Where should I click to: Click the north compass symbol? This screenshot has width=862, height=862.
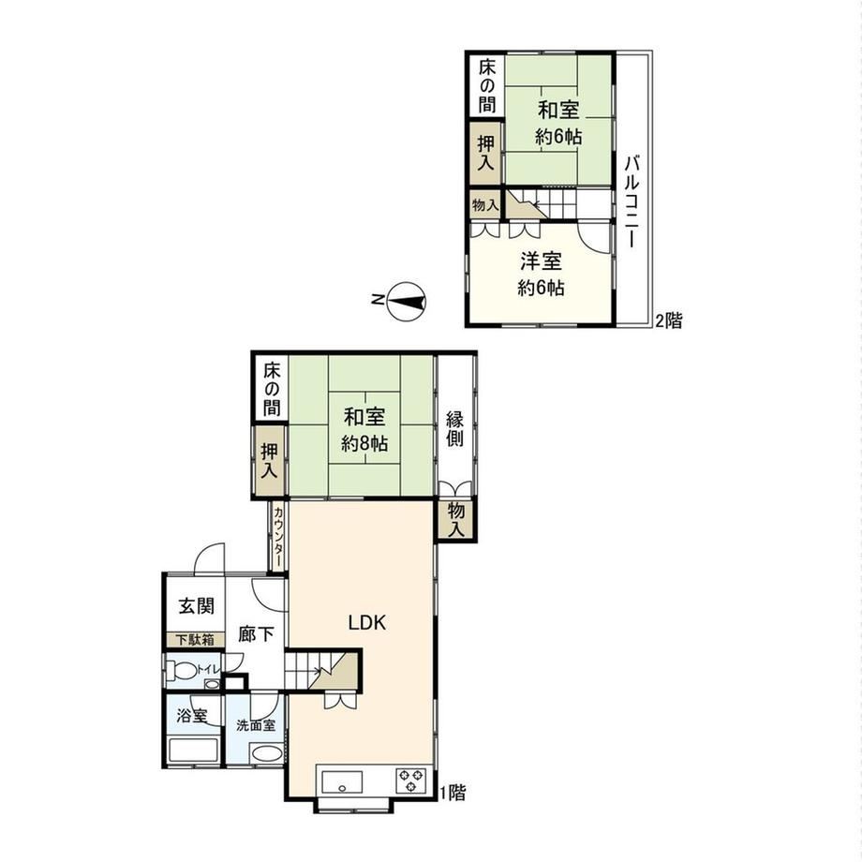tap(406, 301)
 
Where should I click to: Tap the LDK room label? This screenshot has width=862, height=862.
tap(367, 622)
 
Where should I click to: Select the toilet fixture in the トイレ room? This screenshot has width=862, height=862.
tap(183, 671)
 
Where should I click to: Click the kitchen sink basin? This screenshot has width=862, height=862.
tap(342, 782)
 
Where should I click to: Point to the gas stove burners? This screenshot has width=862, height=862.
tap(411, 781)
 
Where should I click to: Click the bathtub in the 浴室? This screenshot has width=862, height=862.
tap(192, 751)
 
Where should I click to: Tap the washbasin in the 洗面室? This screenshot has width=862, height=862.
tap(267, 753)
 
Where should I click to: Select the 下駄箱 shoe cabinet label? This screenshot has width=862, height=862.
tap(195, 640)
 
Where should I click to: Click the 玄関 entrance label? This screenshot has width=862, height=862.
tap(196, 606)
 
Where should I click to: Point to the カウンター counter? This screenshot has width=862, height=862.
tap(278, 537)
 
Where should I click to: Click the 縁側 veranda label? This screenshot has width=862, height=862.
tap(454, 429)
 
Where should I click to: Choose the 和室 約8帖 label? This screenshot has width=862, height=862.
tap(364, 430)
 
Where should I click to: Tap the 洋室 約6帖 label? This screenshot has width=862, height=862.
tap(541, 274)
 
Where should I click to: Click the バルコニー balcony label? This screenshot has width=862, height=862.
tap(632, 201)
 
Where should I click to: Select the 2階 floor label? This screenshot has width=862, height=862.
tap(668, 320)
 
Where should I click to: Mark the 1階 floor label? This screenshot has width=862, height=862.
tap(453, 792)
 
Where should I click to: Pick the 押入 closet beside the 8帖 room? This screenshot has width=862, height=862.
tap(269, 461)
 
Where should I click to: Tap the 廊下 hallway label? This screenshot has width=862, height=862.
tap(257, 634)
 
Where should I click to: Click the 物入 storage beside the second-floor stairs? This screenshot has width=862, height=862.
tap(485, 205)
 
